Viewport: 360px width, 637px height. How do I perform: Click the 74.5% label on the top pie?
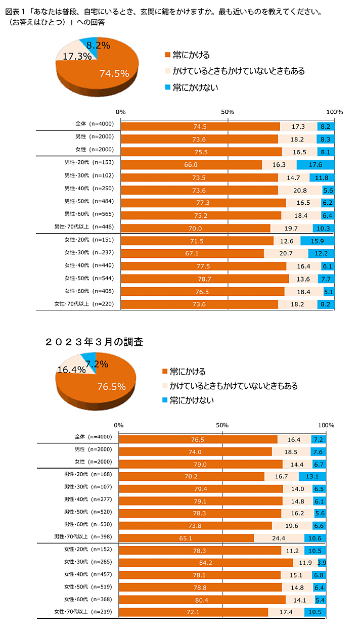[x=114, y=73]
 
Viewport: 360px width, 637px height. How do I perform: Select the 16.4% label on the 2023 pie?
[x=71, y=370]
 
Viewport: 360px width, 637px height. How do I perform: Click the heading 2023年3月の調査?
[x=94, y=342]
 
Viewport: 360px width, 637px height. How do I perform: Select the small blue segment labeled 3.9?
[x=322, y=563]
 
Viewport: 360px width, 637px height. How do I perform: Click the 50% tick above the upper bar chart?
[x=228, y=112]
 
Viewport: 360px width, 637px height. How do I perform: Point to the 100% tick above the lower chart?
[x=326, y=425]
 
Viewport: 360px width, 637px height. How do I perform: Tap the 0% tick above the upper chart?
[x=120, y=112]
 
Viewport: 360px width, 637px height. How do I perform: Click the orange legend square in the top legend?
[x=167, y=55]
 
